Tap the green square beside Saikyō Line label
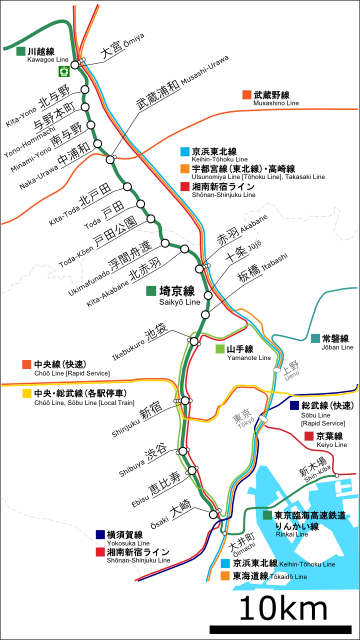(x=151, y=291)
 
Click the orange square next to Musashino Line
(x=246, y=96)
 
